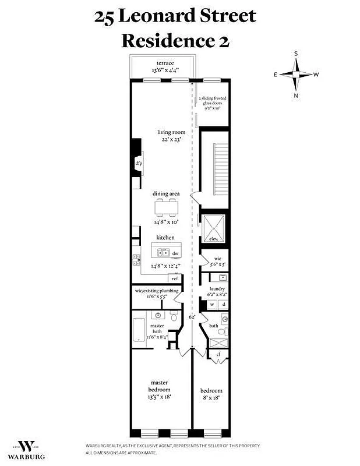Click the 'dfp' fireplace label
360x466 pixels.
tap(139, 164)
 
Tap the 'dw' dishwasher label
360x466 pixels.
tap(175, 254)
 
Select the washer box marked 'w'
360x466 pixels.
tap(212, 304)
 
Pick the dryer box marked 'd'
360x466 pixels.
tap(223, 304)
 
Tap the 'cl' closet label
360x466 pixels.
tap(218, 354)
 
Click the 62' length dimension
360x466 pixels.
tap(191, 317)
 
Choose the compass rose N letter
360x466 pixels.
tap(296, 96)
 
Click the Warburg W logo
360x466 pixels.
tap(27, 446)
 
